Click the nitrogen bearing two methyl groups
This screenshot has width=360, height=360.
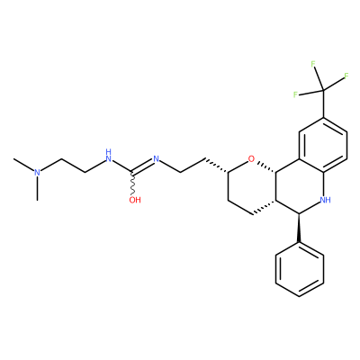click(37, 173)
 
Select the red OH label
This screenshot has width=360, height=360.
click(135, 200)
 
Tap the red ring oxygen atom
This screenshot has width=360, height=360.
click(251, 158)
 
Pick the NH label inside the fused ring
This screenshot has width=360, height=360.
click(326, 200)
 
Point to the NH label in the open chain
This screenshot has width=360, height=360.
click(109, 155)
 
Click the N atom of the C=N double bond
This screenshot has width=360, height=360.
click(156, 158)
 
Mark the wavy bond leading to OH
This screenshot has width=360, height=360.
click(132, 184)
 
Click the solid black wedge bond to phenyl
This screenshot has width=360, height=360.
click(299, 228)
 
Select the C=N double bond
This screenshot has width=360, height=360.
click(143, 166)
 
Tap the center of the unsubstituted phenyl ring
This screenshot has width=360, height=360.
click(300, 269)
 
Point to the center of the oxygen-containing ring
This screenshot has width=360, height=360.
click(252, 186)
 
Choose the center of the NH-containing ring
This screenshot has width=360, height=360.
click(300, 186)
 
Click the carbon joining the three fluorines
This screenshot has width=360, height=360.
click(323, 89)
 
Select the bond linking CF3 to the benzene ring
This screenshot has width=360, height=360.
click(323, 103)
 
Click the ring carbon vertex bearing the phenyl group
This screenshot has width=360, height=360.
click(300, 213)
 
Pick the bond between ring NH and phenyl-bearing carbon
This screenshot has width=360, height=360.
click(310, 208)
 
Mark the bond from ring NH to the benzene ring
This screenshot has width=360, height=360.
click(324, 184)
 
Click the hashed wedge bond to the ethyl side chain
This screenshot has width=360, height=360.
click(216, 166)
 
